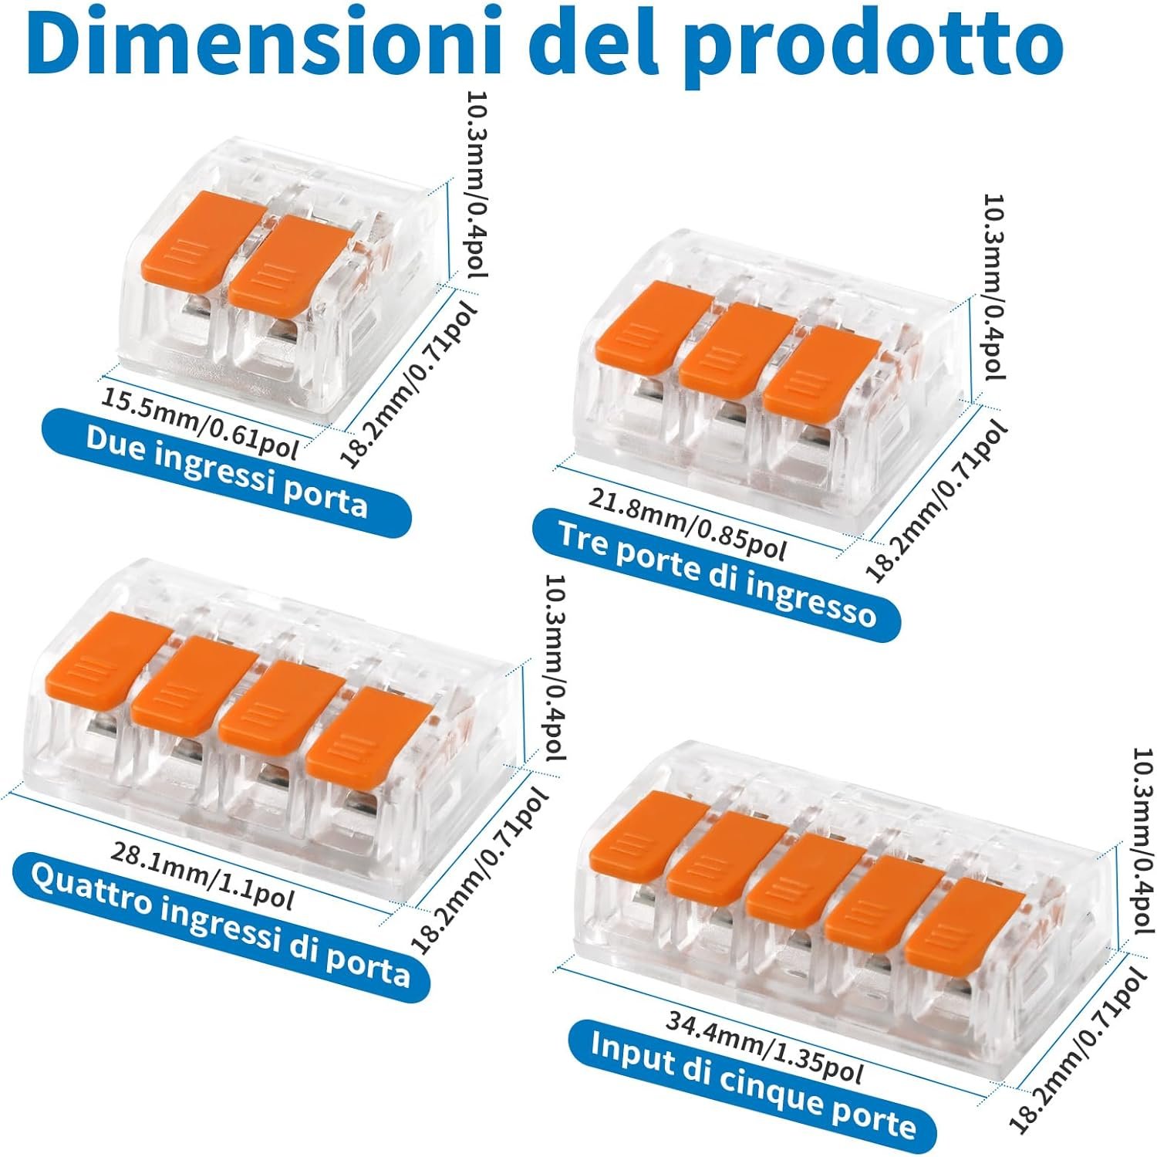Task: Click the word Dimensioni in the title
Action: (268, 45)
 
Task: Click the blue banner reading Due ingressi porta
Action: (226, 472)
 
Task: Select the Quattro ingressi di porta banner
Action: (221, 924)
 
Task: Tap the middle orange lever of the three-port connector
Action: (737, 345)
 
